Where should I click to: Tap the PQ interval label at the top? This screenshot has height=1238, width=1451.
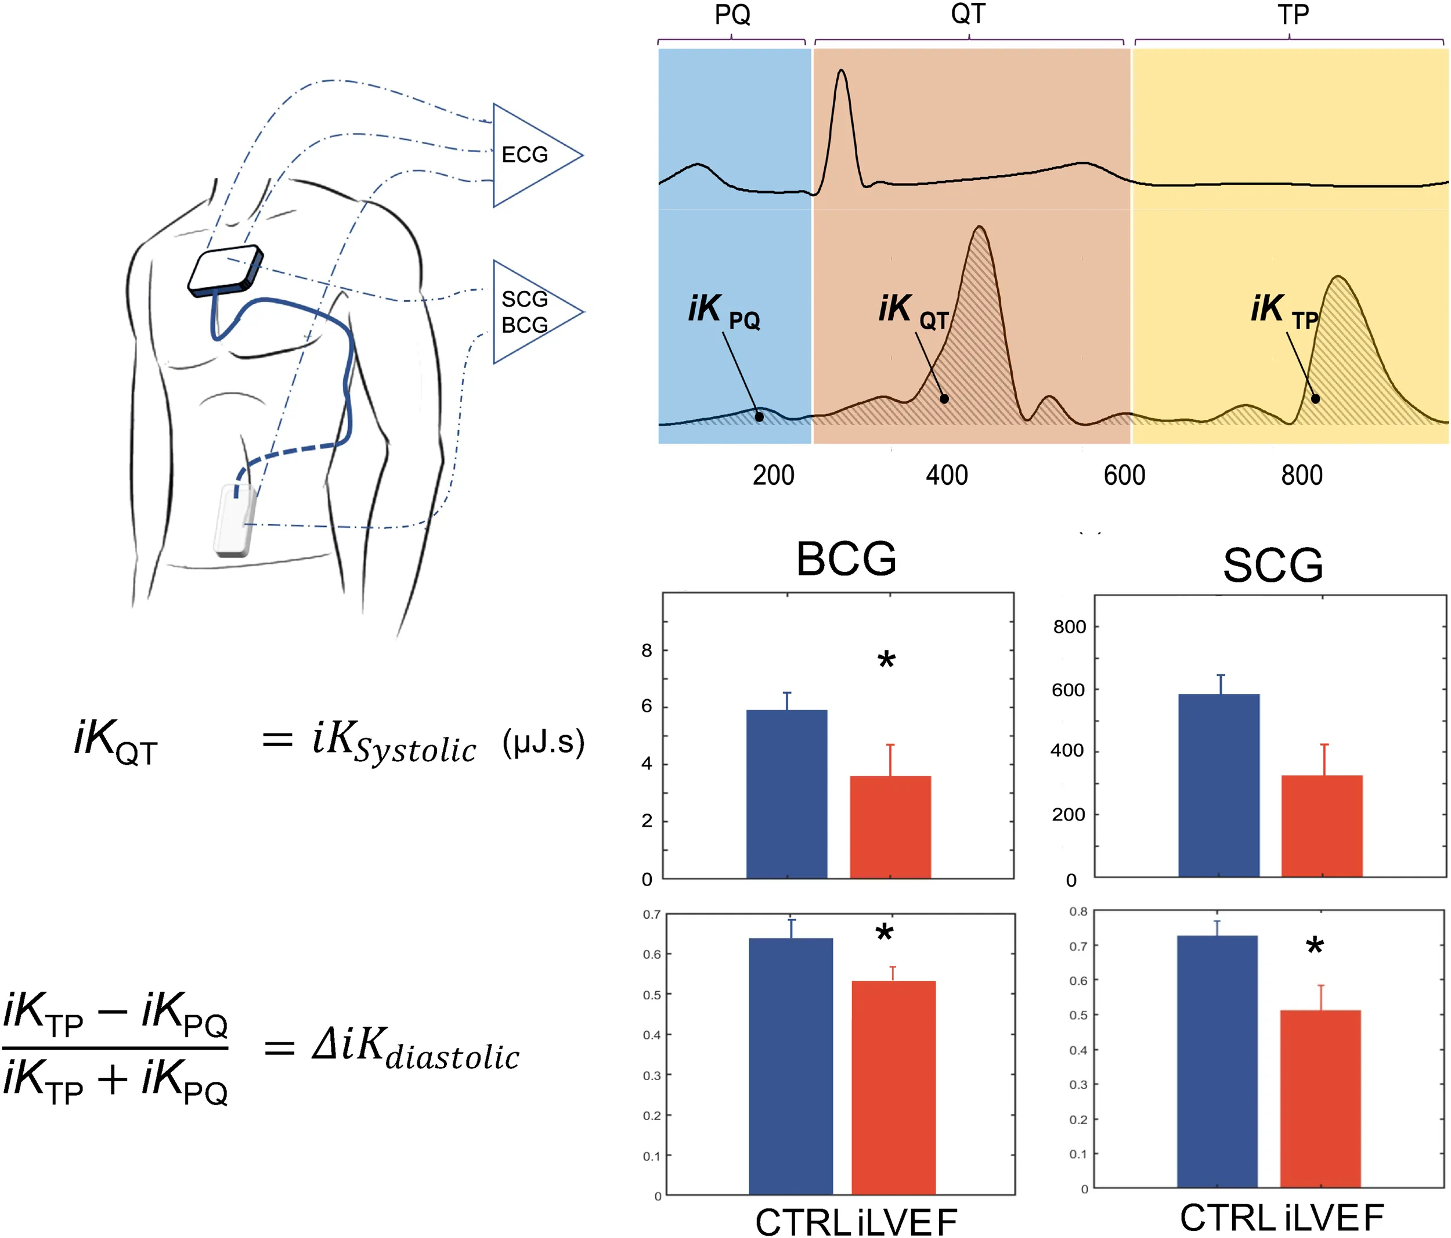click(x=732, y=15)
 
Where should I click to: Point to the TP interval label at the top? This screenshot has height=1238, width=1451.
click(x=1293, y=15)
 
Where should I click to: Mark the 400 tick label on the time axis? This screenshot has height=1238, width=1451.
click(x=947, y=475)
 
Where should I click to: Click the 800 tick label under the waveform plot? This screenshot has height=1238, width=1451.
click(x=1302, y=475)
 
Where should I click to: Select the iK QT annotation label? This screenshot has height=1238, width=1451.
click(x=912, y=311)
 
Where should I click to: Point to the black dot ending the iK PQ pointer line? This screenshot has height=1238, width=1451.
click(x=759, y=417)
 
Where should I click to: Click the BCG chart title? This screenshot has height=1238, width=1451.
click(x=846, y=559)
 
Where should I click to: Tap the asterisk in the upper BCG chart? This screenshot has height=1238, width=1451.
click(x=887, y=661)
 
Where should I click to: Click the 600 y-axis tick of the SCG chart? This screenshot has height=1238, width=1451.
click(x=1068, y=690)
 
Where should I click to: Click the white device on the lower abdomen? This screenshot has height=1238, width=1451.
click(x=234, y=520)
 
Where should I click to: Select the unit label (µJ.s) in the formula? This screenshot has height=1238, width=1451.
click(x=543, y=742)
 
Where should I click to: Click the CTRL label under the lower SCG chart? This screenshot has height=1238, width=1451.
click(x=1226, y=1218)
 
